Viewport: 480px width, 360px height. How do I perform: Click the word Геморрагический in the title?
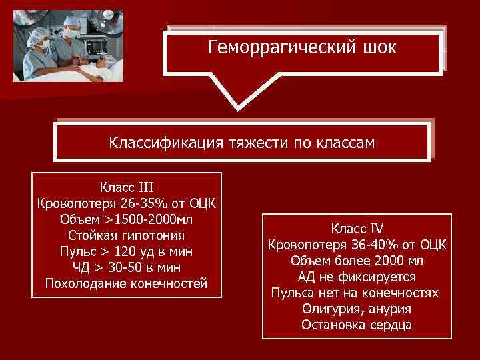pyautogui.click(x=279, y=49)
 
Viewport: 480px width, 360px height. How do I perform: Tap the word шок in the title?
pyautogui.click(x=378, y=49)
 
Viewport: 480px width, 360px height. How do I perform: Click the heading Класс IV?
pyautogui.click(x=357, y=227)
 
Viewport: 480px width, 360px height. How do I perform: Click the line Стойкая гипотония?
pyautogui.click(x=127, y=235)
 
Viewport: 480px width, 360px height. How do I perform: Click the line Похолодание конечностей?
pyautogui.click(x=127, y=284)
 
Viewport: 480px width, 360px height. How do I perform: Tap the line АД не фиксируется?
pyautogui.click(x=357, y=276)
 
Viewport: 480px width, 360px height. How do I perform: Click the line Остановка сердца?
pyautogui.click(x=357, y=325)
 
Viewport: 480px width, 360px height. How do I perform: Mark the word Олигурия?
pyautogui.click(x=330, y=309)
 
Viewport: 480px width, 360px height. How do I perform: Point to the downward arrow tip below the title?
pyautogui.click(x=237, y=107)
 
